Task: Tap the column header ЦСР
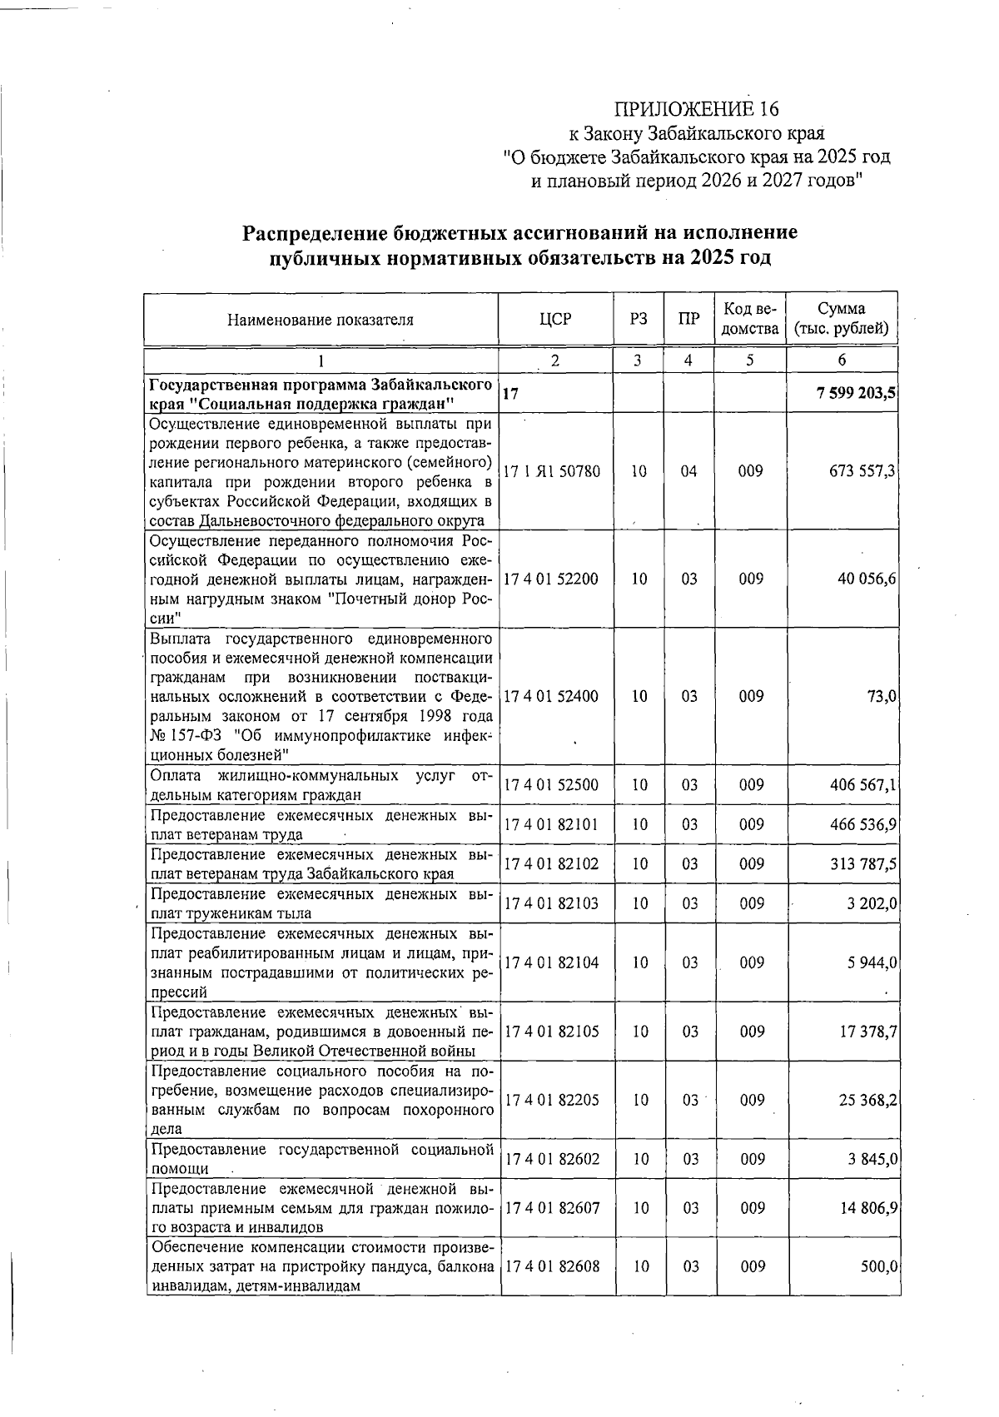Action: coord(555,320)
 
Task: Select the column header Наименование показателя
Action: coord(321,320)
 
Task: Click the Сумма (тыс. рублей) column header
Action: coord(842,319)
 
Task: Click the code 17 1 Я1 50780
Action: coord(552,471)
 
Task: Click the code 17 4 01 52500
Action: coord(551,785)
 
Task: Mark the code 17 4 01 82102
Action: coord(551,864)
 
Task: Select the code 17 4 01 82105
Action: coord(551,1032)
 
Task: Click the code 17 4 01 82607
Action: coord(551,1208)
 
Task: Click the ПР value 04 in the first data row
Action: coord(688,471)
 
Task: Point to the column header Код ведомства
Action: coord(750,319)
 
